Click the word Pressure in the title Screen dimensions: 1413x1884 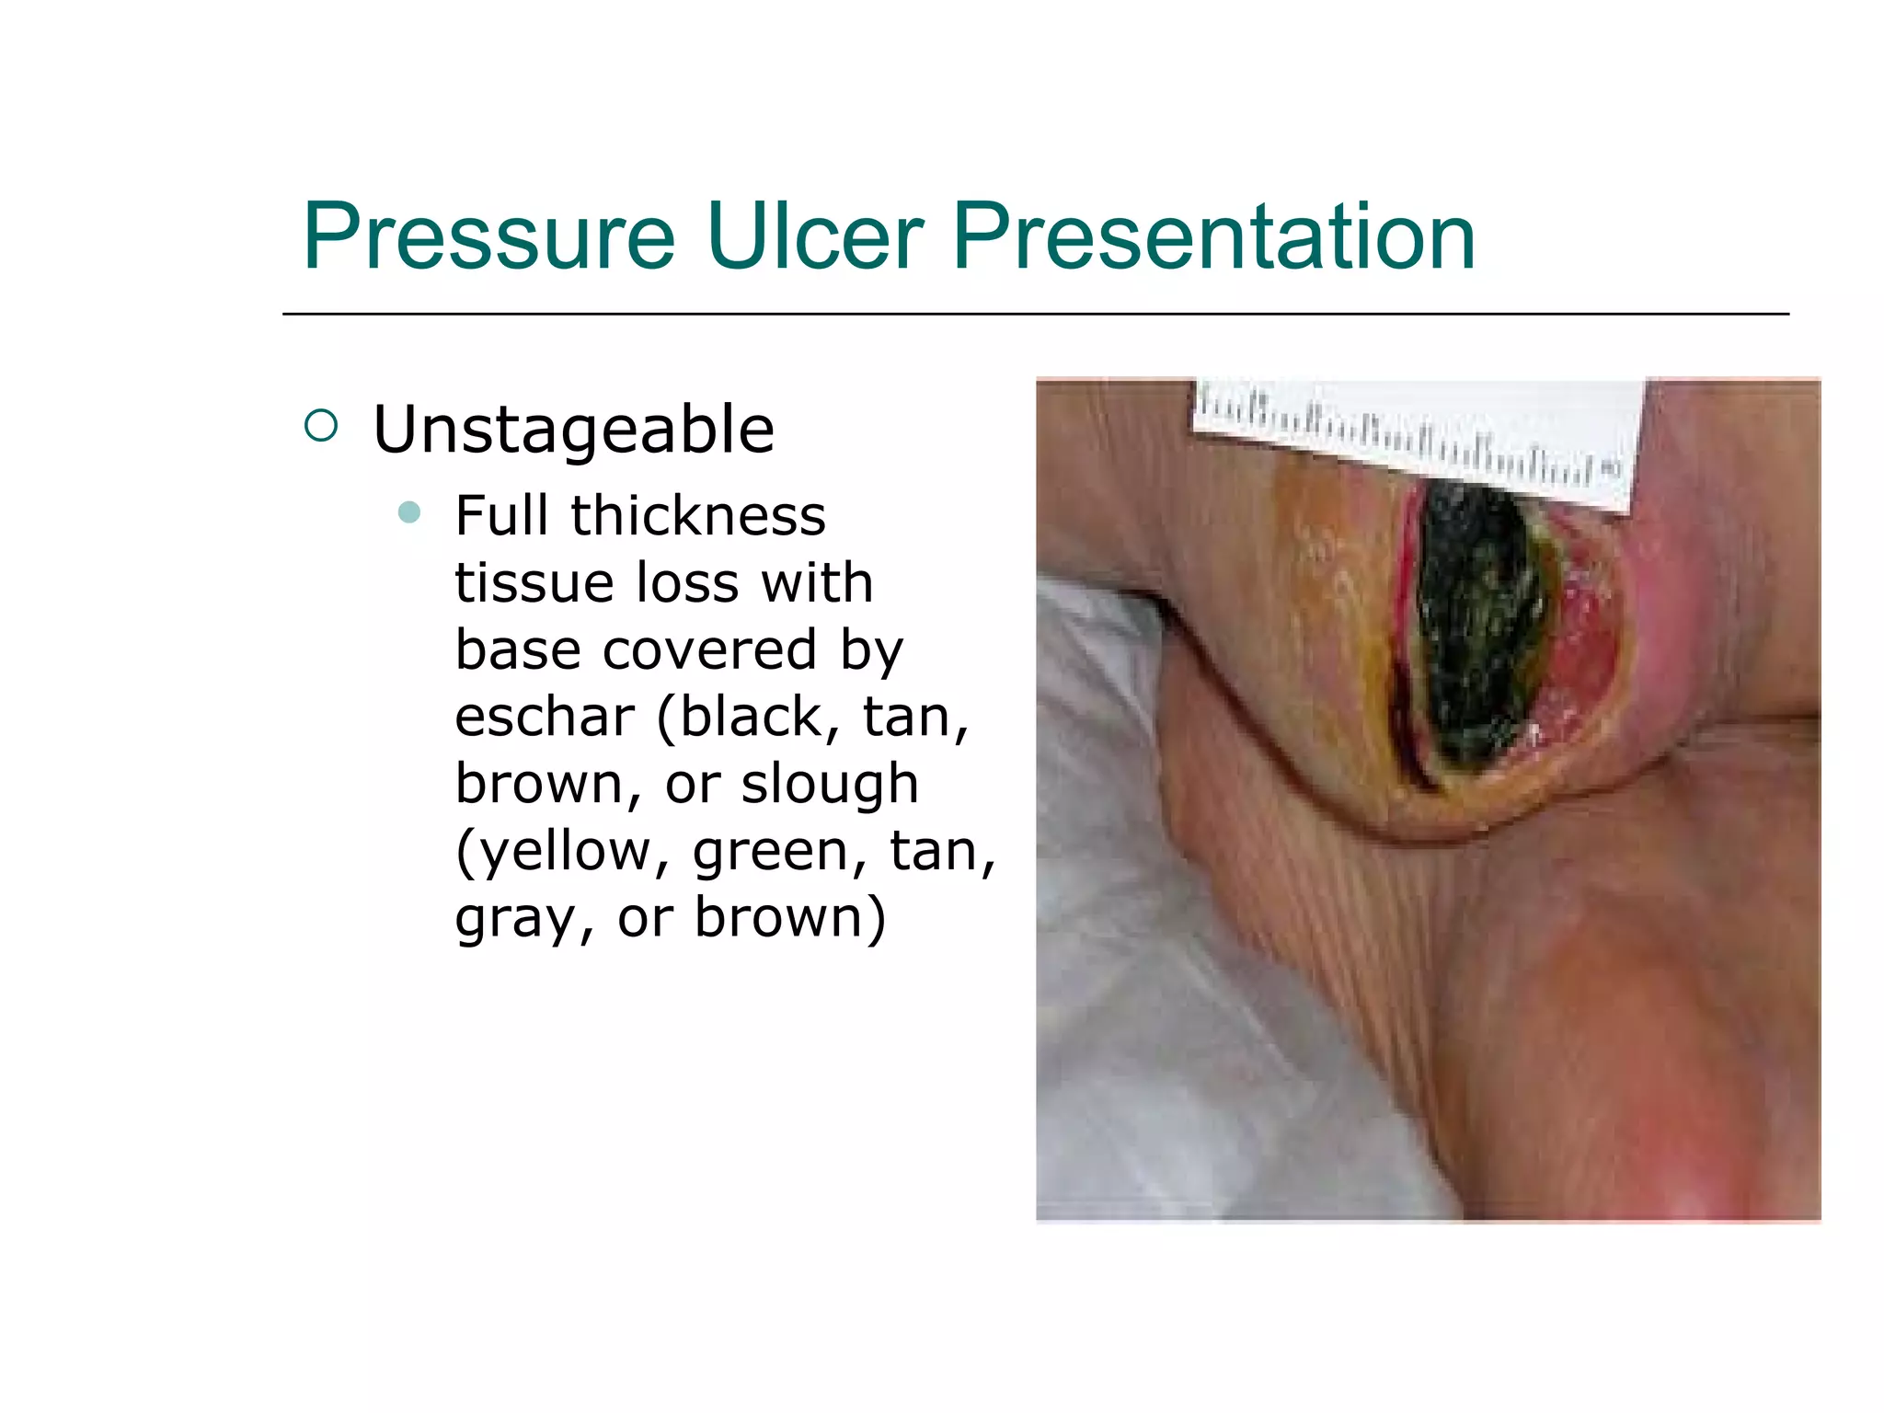pos(488,237)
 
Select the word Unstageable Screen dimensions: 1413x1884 pos(573,430)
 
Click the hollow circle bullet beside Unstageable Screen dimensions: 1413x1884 pos(321,425)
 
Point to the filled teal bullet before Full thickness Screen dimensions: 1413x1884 pos(409,512)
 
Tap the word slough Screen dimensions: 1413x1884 pos(830,784)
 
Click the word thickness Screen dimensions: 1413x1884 pos(698,515)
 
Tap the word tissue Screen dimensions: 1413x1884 pos(534,582)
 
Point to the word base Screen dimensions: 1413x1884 pos(519,649)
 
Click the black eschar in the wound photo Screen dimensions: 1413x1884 pos(1472,626)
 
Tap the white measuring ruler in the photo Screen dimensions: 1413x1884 pos(1417,432)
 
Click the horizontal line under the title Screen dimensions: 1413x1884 pos(1035,315)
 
